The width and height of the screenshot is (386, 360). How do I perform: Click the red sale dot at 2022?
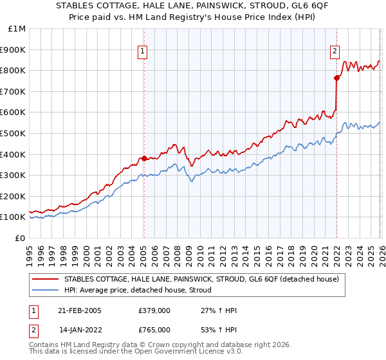336,78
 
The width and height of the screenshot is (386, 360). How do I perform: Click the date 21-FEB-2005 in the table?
80,310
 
